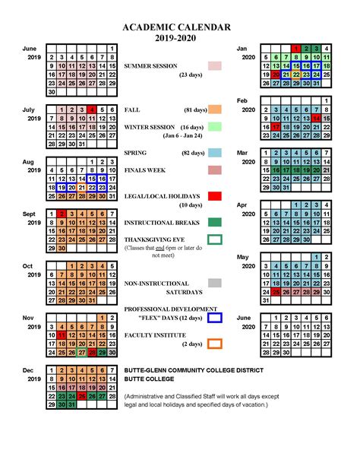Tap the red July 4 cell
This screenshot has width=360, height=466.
(x=91, y=109)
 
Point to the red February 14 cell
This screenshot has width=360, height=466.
(x=315, y=119)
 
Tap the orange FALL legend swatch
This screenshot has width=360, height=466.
(x=215, y=109)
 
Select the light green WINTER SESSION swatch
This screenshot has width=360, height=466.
(x=215, y=126)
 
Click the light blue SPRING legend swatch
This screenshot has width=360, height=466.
(x=215, y=153)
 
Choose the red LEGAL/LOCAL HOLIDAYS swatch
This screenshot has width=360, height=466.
(x=215, y=196)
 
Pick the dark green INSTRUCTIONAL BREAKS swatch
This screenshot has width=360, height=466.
(x=215, y=222)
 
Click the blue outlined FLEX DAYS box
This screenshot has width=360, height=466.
(x=215, y=317)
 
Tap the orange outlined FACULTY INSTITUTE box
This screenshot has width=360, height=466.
(x=215, y=343)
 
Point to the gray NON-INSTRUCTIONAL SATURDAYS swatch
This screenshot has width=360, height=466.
(x=215, y=283)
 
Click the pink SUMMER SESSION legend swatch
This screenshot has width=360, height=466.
(x=215, y=66)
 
